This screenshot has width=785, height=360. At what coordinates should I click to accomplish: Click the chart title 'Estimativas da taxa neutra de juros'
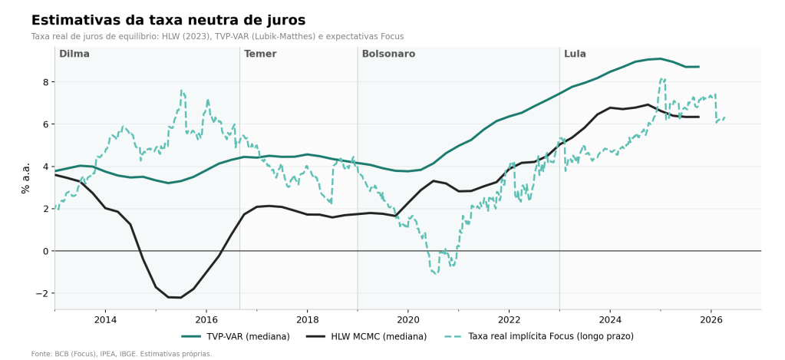(x=168, y=20)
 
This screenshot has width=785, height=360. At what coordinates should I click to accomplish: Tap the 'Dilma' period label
(x=74, y=54)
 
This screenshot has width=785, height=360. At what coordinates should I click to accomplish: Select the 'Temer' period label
(x=260, y=54)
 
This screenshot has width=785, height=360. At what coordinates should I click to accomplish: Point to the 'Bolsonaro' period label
(x=388, y=54)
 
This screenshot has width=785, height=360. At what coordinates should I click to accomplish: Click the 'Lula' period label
(x=575, y=54)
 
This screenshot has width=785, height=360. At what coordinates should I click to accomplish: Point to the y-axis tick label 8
(x=45, y=81)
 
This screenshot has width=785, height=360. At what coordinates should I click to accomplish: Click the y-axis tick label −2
(x=43, y=293)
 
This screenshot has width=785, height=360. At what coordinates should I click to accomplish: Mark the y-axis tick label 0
(x=45, y=251)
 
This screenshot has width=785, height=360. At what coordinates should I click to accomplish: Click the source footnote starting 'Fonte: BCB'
(x=121, y=354)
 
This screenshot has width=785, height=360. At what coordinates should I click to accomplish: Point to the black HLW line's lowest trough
(x=176, y=298)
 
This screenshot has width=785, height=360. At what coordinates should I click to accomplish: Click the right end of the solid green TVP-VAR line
(x=698, y=67)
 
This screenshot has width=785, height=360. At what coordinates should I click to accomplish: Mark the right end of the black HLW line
(x=698, y=117)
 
